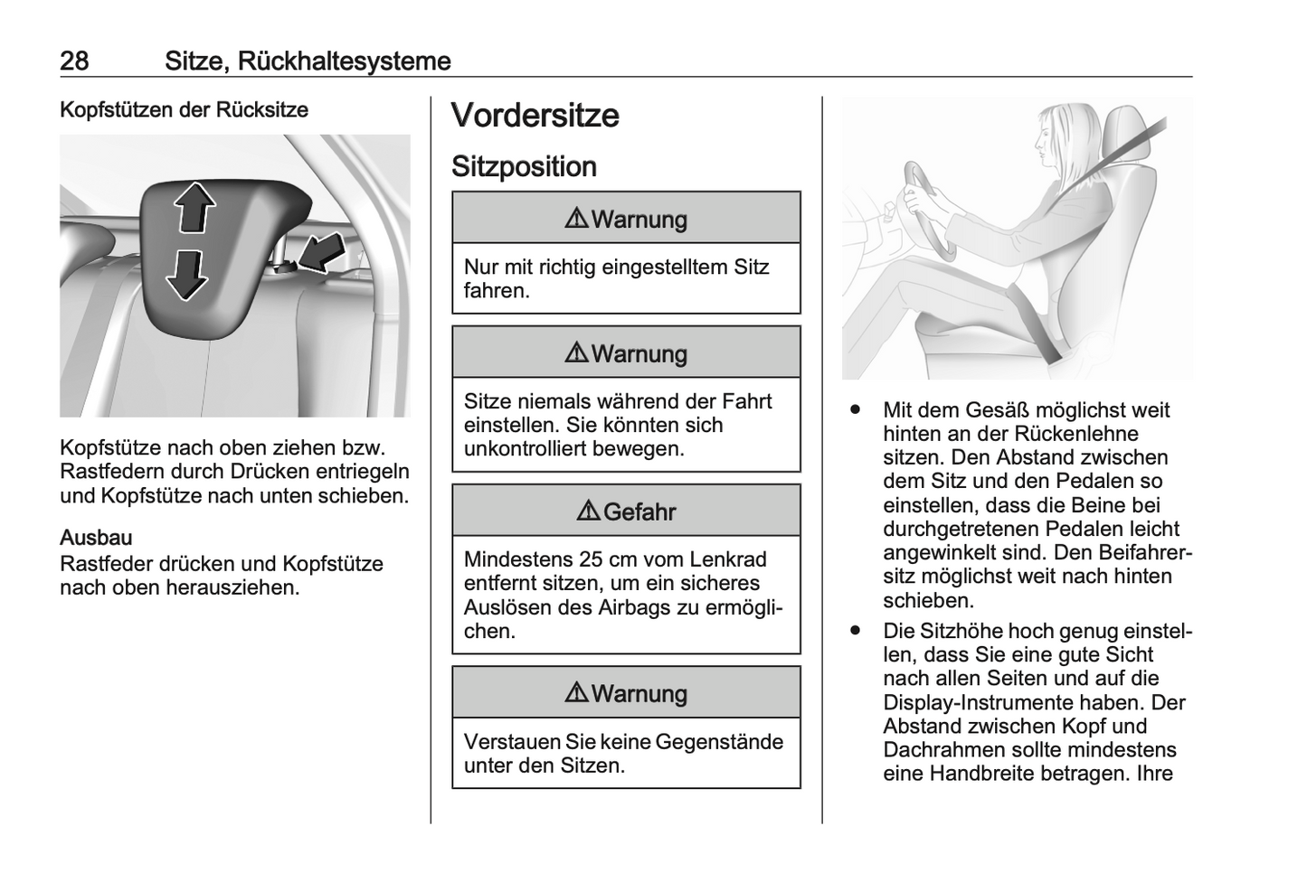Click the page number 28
pos(74,61)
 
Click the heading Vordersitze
pos(535,116)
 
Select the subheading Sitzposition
pos(524,167)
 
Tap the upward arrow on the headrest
pos(194,207)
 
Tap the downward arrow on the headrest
pos(187,274)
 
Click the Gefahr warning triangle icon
pos(588,512)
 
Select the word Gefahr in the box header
pos(639,512)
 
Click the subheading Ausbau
pos(96,538)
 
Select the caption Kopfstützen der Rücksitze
pos(184,110)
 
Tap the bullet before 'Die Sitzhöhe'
pos(854,631)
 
